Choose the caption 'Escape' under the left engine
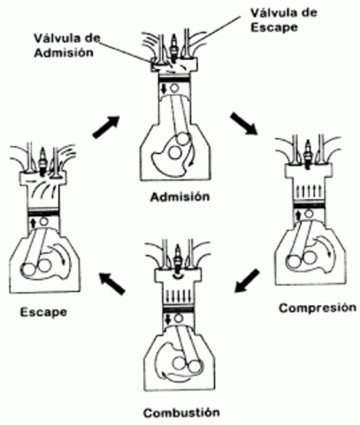[x=42, y=311]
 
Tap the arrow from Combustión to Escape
[x=111, y=284]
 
